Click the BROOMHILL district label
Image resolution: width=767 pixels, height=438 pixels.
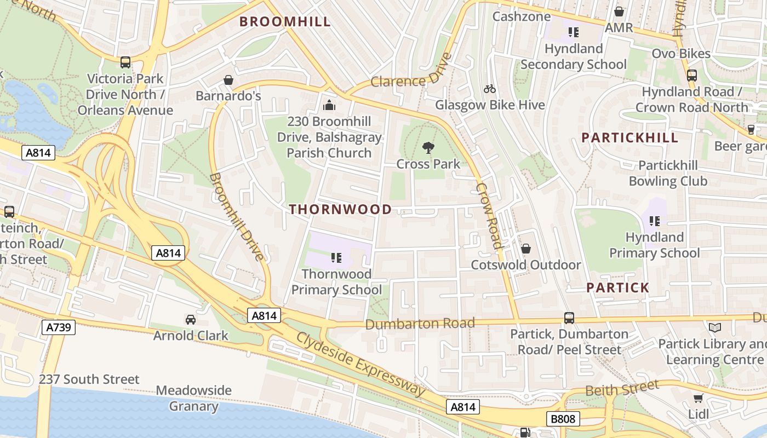click(x=285, y=22)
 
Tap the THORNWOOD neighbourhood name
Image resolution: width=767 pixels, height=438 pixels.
click(x=340, y=209)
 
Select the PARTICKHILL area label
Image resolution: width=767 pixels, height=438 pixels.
click(x=629, y=138)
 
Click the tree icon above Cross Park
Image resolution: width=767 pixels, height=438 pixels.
click(x=428, y=147)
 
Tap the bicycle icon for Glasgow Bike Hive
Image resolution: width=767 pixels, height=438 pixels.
click(x=490, y=89)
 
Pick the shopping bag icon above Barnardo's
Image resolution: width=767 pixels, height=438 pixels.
click(x=228, y=80)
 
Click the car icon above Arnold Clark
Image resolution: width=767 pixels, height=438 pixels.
click(x=190, y=320)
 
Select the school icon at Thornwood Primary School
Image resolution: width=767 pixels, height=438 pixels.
click(x=336, y=257)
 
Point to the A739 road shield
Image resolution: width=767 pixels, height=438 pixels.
click(x=58, y=328)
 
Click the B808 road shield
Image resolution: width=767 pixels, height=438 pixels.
click(x=563, y=419)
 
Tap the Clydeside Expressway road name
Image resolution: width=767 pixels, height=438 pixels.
click(x=360, y=364)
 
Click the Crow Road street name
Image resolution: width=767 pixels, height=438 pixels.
click(x=489, y=216)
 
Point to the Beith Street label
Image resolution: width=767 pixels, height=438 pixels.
click(x=622, y=389)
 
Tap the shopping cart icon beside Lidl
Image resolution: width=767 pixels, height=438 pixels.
click(x=698, y=399)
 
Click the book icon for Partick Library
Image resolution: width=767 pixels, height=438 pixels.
click(x=714, y=328)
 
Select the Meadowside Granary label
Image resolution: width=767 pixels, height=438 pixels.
click(x=193, y=399)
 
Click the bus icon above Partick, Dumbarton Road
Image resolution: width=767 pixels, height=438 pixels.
click(x=569, y=318)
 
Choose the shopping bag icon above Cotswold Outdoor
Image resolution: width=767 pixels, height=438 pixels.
click(x=525, y=249)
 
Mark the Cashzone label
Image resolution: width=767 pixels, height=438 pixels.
click(x=521, y=16)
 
